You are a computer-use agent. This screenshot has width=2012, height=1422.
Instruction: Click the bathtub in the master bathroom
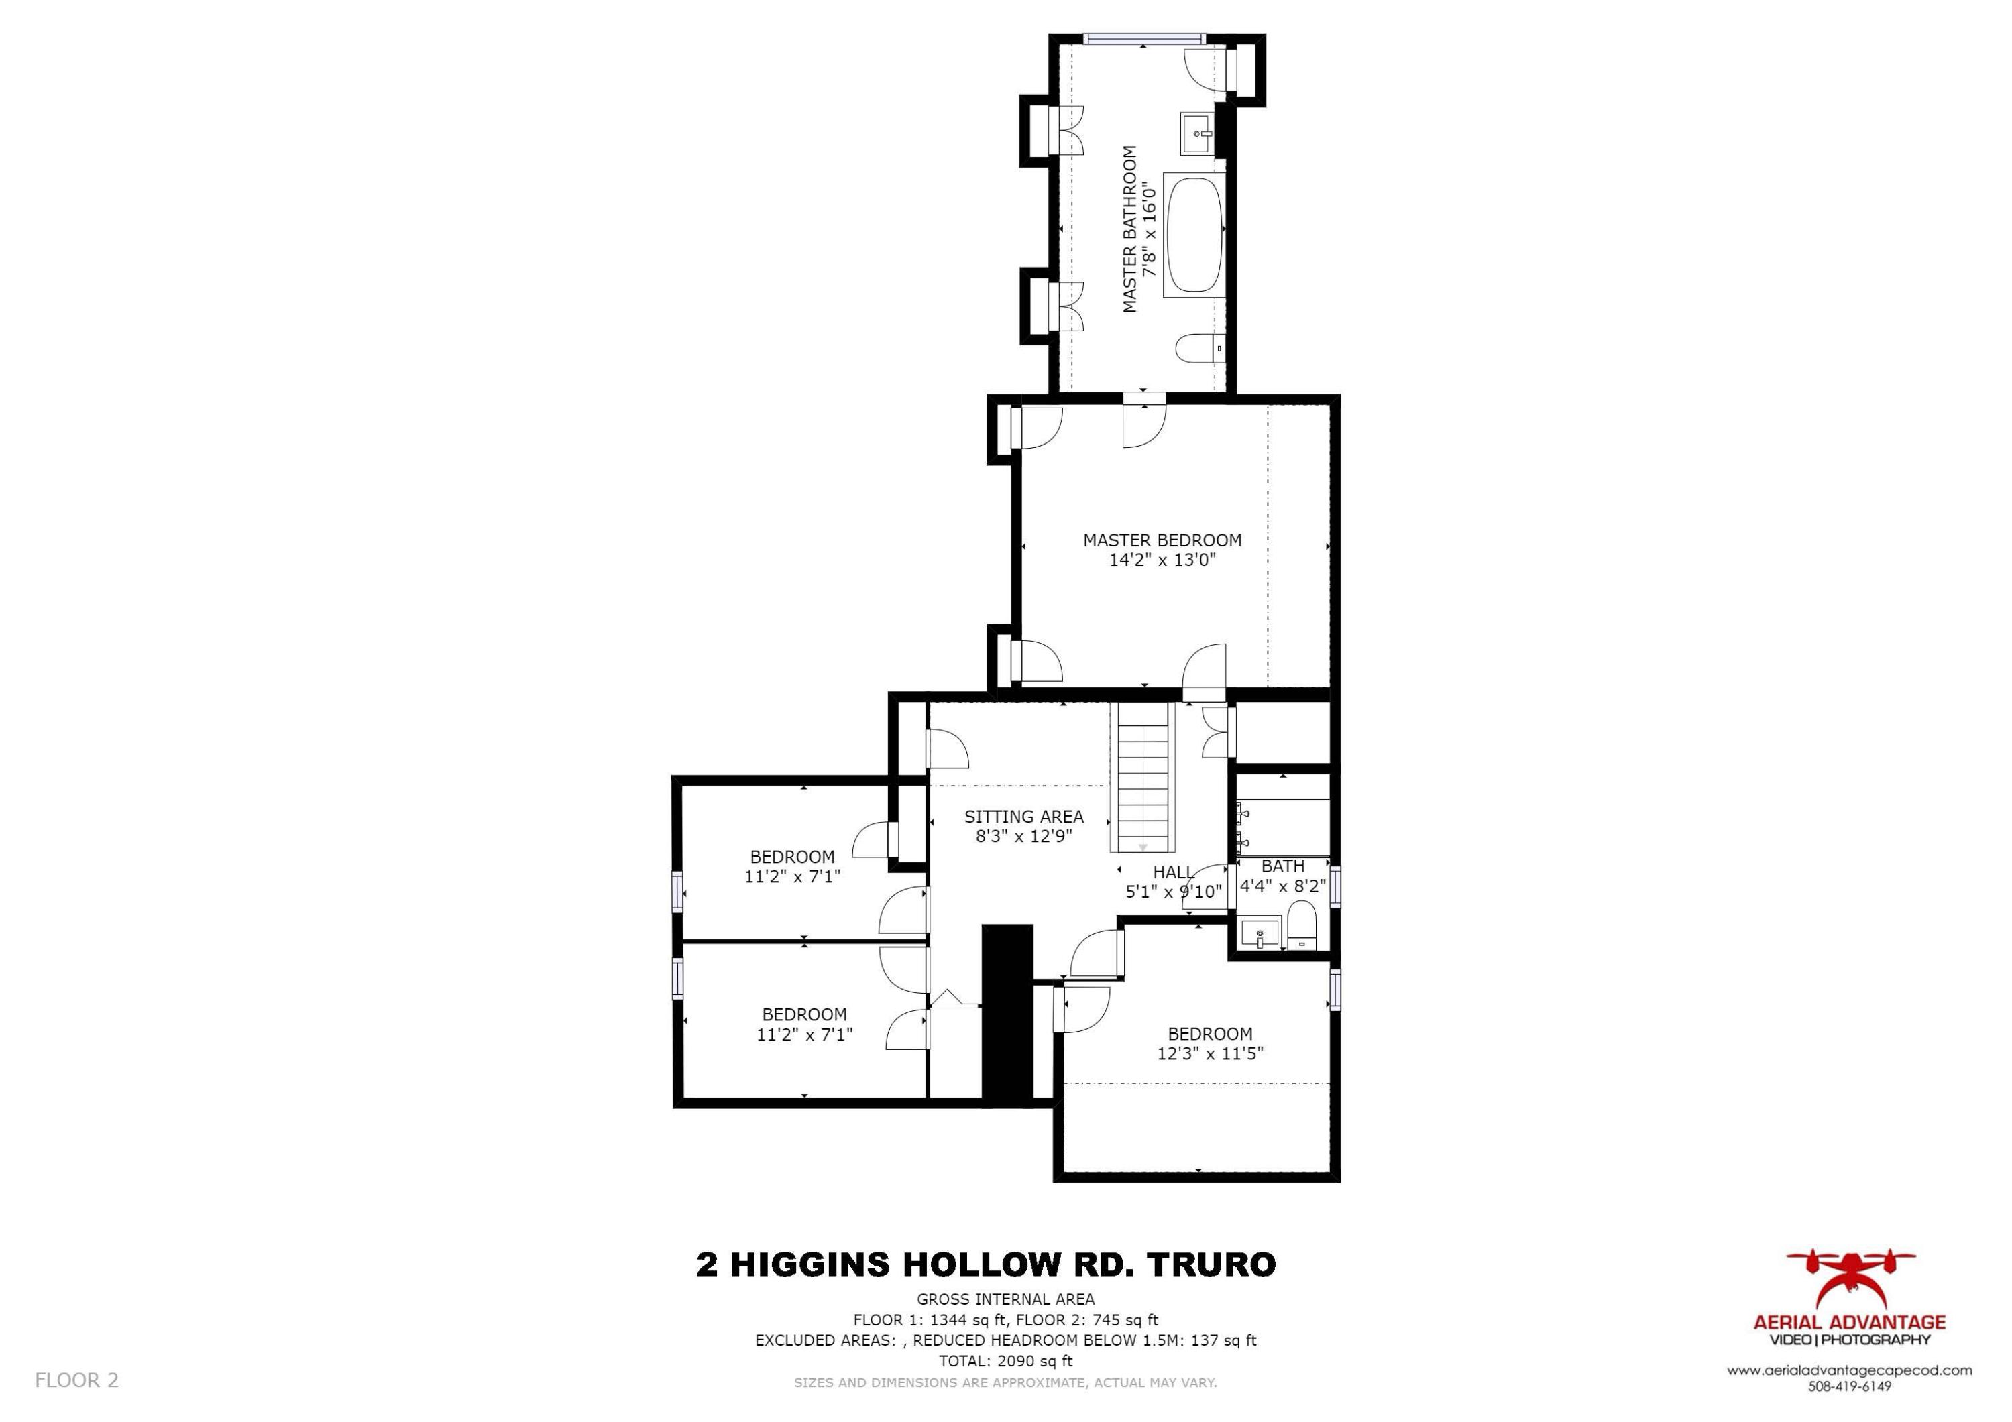(x=1194, y=234)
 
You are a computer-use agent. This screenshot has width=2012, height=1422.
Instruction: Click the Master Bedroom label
(x=1162, y=540)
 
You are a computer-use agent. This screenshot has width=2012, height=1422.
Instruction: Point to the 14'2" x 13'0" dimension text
(x=1162, y=560)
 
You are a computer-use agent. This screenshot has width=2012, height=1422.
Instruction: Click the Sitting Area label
(x=1023, y=817)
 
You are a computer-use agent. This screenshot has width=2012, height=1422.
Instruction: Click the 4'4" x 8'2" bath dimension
(x=1282, y=886)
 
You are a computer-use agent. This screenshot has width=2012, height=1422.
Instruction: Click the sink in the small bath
(x=1260, y=933)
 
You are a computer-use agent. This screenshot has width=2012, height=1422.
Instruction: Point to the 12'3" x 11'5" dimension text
(x=1210, y=1053)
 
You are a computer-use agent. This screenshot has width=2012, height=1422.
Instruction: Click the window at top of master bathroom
(x=1143, y=39)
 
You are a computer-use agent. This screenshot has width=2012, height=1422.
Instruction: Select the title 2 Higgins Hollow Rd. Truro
(x=986, y=1264)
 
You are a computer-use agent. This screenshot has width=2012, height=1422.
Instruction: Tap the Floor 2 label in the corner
(x=76, y=1380)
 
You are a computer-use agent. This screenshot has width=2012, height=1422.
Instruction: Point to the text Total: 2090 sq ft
(x=1005, y=1361)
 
